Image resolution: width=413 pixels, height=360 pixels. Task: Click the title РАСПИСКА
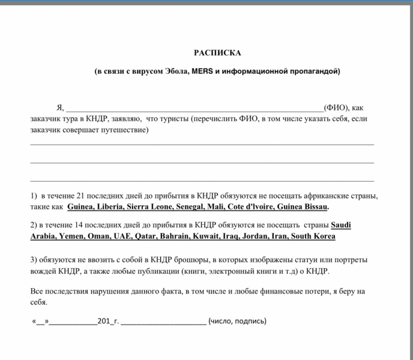[217, 53]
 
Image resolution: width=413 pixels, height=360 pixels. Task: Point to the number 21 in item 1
[76, 196]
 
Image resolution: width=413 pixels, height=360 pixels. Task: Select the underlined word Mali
[222, 207]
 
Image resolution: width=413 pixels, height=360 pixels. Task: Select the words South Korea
[312, 236]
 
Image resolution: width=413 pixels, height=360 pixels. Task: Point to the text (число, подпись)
[237, 321]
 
